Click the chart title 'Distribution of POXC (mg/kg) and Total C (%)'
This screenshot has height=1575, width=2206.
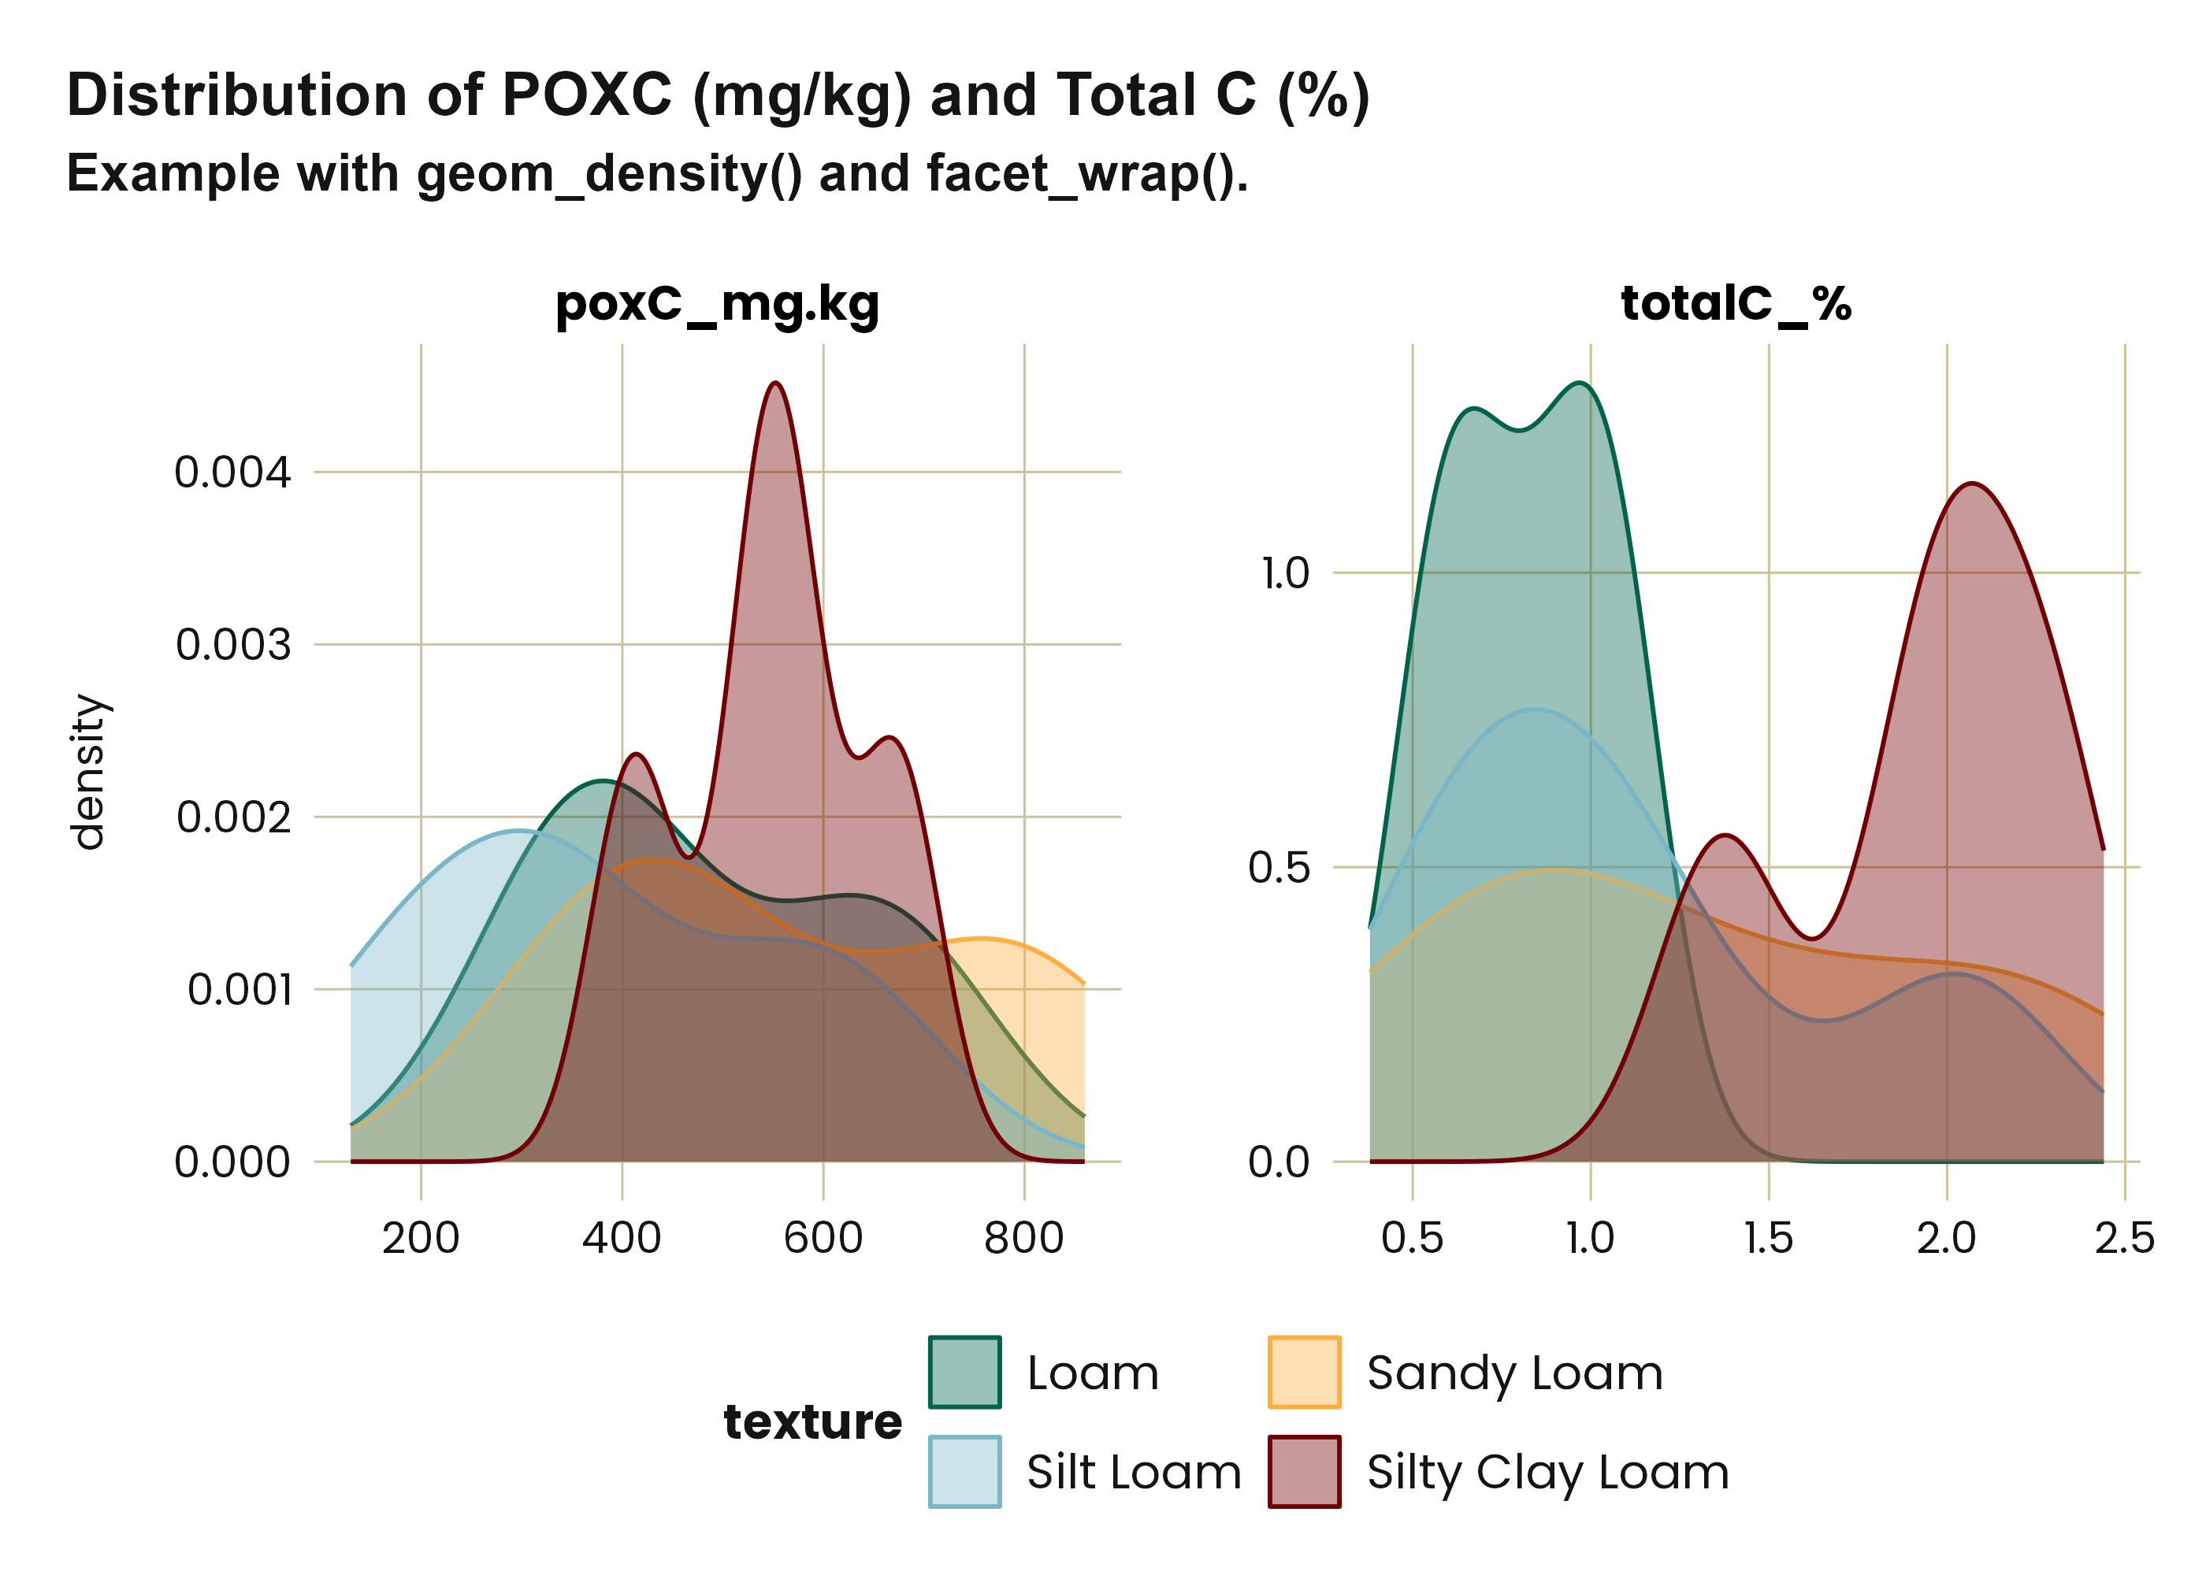718,96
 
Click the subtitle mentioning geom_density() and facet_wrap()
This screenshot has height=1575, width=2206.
657,175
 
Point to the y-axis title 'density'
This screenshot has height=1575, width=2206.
88,772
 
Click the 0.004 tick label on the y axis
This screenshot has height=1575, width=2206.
233,473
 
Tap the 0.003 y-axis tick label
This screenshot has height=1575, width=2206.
233,645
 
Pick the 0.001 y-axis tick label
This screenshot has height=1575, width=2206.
239,990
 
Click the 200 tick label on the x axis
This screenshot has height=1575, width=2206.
420,1239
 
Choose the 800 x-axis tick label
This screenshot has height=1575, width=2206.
1023,1239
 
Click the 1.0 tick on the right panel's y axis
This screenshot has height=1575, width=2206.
1285,573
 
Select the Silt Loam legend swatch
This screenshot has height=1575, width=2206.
964,1471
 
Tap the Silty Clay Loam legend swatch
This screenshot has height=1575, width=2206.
1304,1471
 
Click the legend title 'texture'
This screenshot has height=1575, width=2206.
812,1421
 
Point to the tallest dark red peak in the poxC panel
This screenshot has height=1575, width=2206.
775,384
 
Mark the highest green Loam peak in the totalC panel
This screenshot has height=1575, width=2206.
1581,384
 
